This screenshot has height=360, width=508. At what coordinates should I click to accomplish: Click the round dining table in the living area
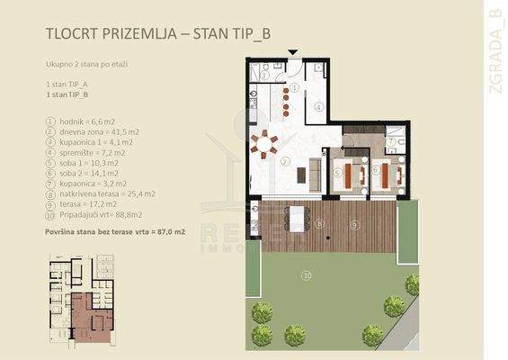click(263, 141)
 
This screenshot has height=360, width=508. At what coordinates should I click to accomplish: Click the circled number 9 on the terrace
click(355, 223)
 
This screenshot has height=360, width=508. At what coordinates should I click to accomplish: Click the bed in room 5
click(344, 172)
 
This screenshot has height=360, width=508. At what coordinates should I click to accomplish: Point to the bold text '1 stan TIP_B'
click(67, 92)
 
